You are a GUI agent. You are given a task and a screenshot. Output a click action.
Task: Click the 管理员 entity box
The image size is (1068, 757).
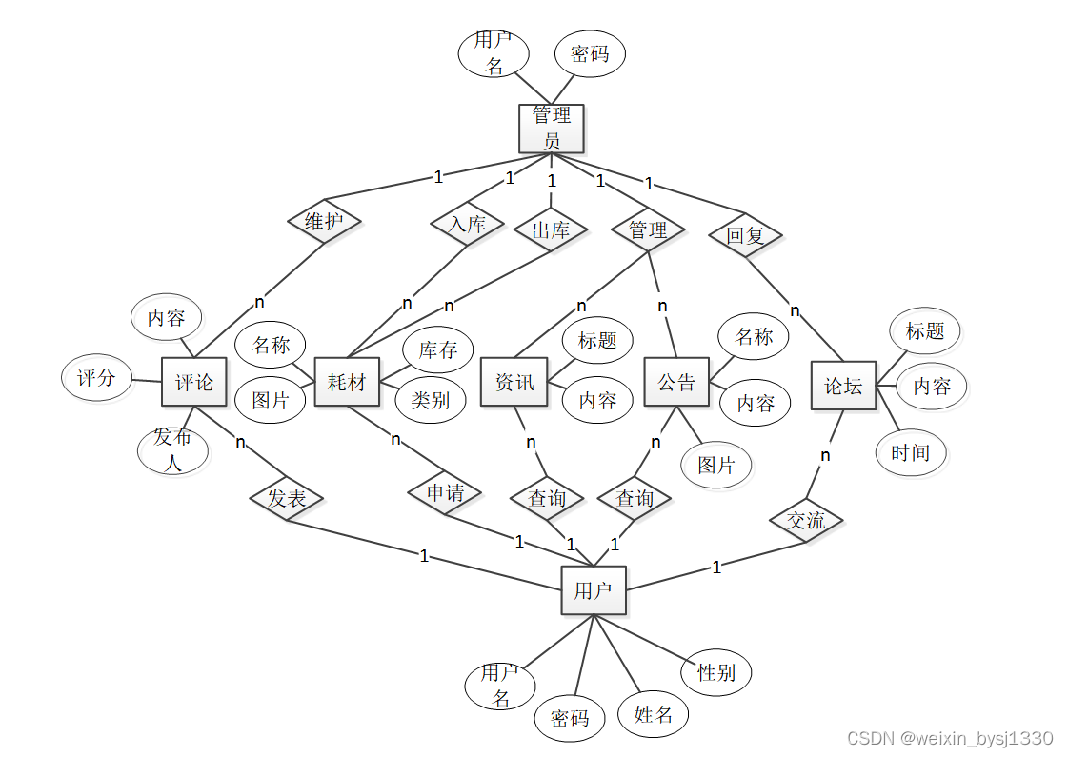pyautogui.click(x=551, y=129)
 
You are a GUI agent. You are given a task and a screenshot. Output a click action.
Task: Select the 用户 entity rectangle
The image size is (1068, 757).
pyautogui.click(x=593, y=590)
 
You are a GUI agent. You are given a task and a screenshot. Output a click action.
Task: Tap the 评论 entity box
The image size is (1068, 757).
pyautogui.click(x=194, y=383)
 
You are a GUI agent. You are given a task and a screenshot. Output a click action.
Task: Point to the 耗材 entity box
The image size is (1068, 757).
pyautogui.click(x=347, y=383)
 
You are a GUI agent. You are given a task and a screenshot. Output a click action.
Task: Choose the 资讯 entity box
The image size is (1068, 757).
pyautogui.click(x=514, y=382)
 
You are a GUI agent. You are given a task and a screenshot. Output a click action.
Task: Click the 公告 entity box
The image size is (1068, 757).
pyautogui.click(x=676, y=382)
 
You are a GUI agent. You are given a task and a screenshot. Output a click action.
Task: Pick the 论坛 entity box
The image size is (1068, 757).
pyautogui.click(x=843, y=386)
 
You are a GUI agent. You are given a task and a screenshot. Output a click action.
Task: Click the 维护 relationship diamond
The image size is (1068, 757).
pyautogui.click(x=325, y=222)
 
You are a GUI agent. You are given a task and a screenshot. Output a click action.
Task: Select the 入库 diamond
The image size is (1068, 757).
pyautogui.click(x=467, y=225)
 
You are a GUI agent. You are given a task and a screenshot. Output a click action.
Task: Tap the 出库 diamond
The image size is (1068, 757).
pyautogui.click(x=550, y=230)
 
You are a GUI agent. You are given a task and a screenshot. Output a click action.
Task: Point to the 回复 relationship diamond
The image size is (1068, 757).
pyautogui.click(x=745, y=234)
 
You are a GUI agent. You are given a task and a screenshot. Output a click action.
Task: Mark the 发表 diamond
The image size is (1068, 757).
pyautogui.click(x=287, y=498)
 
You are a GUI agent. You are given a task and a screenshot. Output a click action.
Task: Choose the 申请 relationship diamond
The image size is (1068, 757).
pyautogui.click(x=445, y=493)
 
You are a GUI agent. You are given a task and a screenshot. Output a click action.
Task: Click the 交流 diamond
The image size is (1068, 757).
pyautogui.click(x=806, y=521)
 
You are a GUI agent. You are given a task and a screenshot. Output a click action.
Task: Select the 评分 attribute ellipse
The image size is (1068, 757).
pyautogui.click(x=96, y=378)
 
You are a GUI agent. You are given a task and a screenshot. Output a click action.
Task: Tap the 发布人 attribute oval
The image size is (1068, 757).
pyautogui.click(x=172, y=450)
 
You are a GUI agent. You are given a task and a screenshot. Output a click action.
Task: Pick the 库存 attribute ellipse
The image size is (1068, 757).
pyautogui.click(x=438, y=349)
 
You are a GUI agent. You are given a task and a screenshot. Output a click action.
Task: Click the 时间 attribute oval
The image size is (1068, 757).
pyautogui.click(x=910, y=452)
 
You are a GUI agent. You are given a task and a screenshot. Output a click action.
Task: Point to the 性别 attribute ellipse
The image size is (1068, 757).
pyautogui.click(x=716, y=672)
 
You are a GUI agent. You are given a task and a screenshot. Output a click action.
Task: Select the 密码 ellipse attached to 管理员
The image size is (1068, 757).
pyautogui.click(x=590, y=54)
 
